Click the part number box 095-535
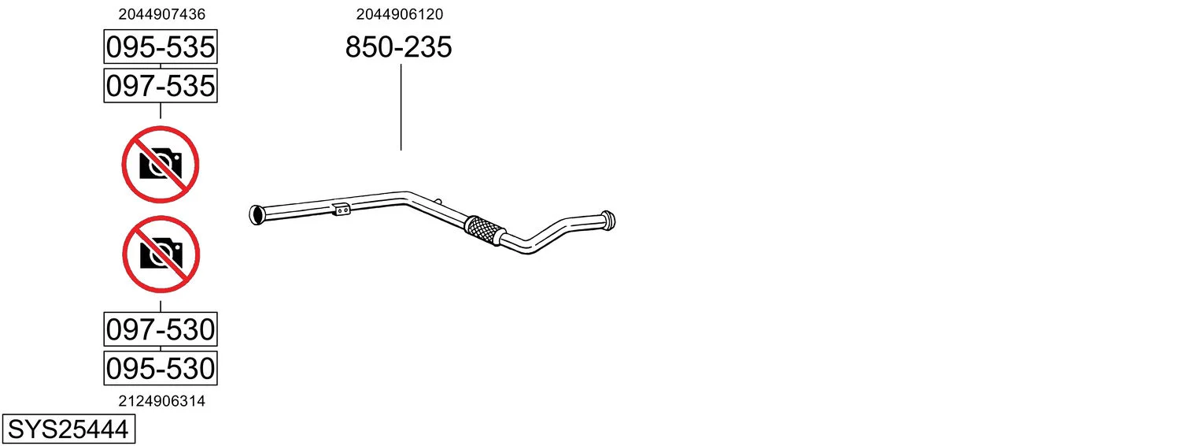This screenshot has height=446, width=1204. [161, 46]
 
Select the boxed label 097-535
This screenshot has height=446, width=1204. [161, 86]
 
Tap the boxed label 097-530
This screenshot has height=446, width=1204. [161, 329]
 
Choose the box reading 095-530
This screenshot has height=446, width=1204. [161, 368]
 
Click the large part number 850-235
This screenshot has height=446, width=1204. [398, 46]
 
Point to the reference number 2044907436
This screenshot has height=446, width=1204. [162, 14]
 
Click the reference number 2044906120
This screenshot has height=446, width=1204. [399, 14]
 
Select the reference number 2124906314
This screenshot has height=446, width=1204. [162, 401]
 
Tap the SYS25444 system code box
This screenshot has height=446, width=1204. [68, 429]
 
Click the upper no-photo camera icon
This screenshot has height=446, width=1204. [161, 165]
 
